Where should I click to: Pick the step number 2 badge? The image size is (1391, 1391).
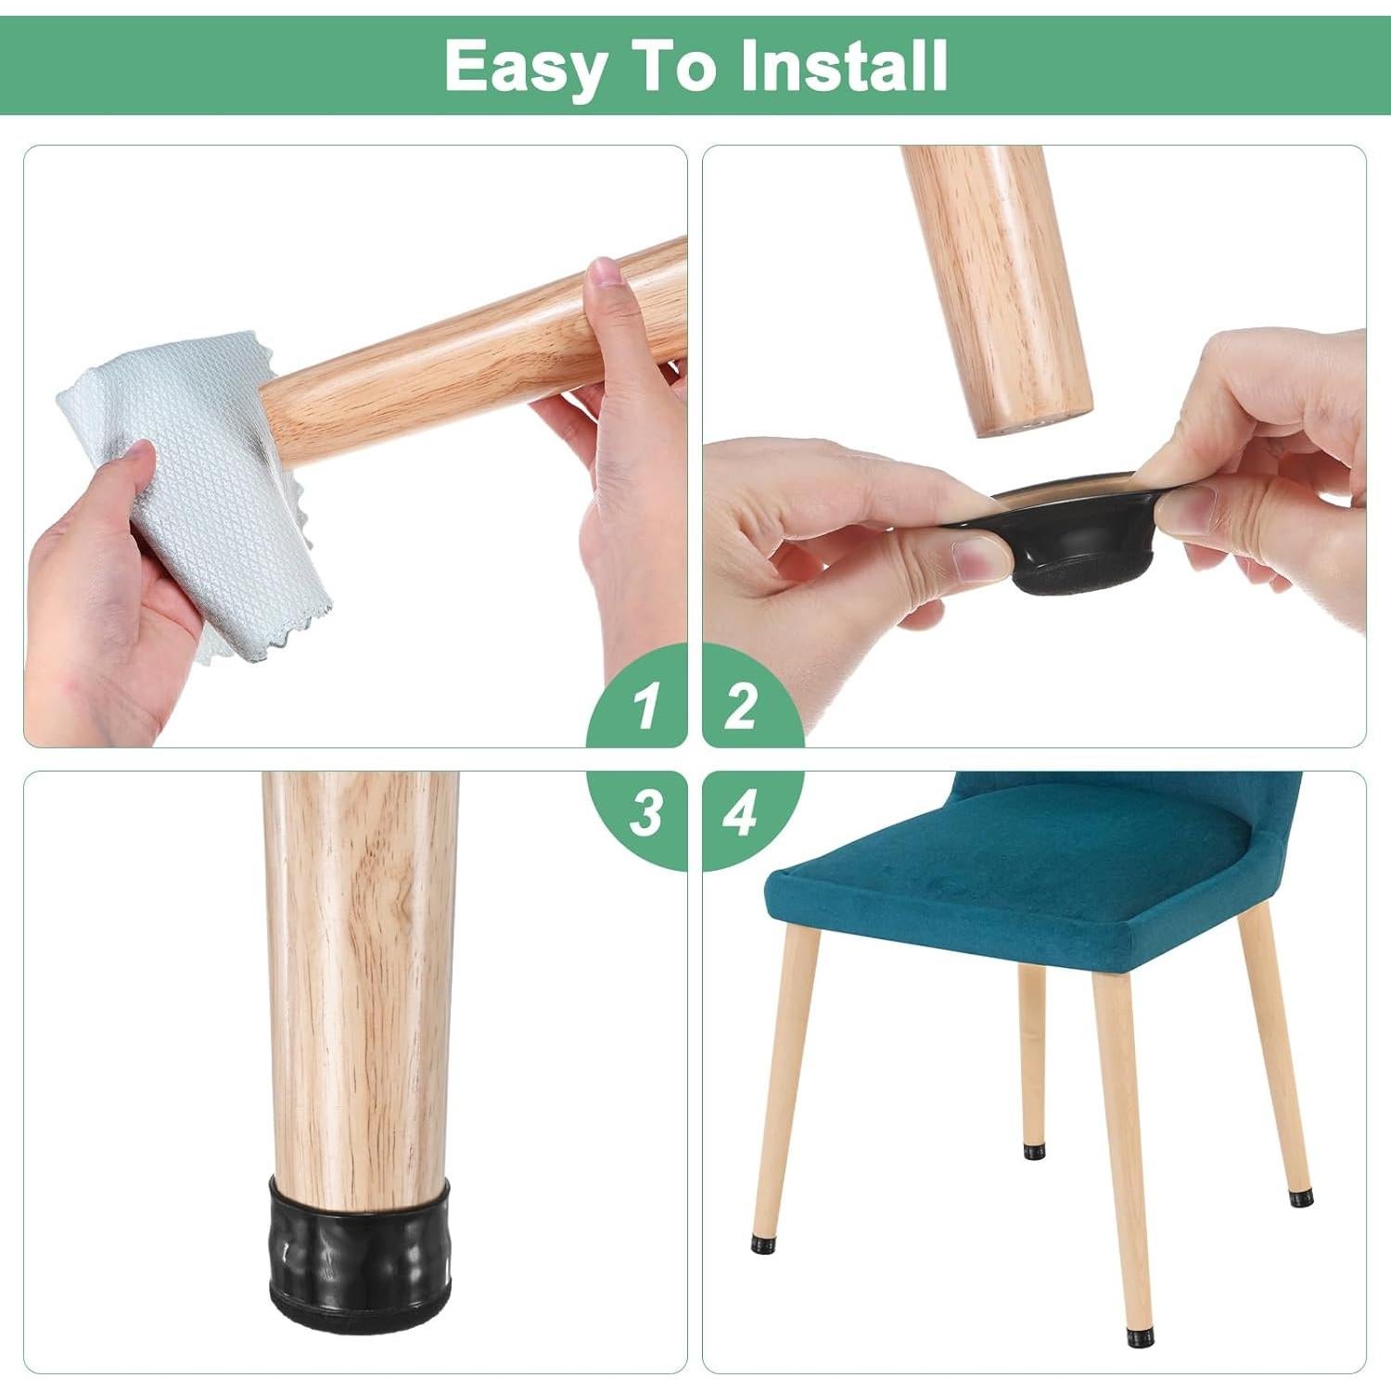[741, 707]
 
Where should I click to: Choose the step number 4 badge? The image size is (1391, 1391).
[741, 813]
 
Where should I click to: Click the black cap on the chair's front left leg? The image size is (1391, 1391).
[762, 1239]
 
